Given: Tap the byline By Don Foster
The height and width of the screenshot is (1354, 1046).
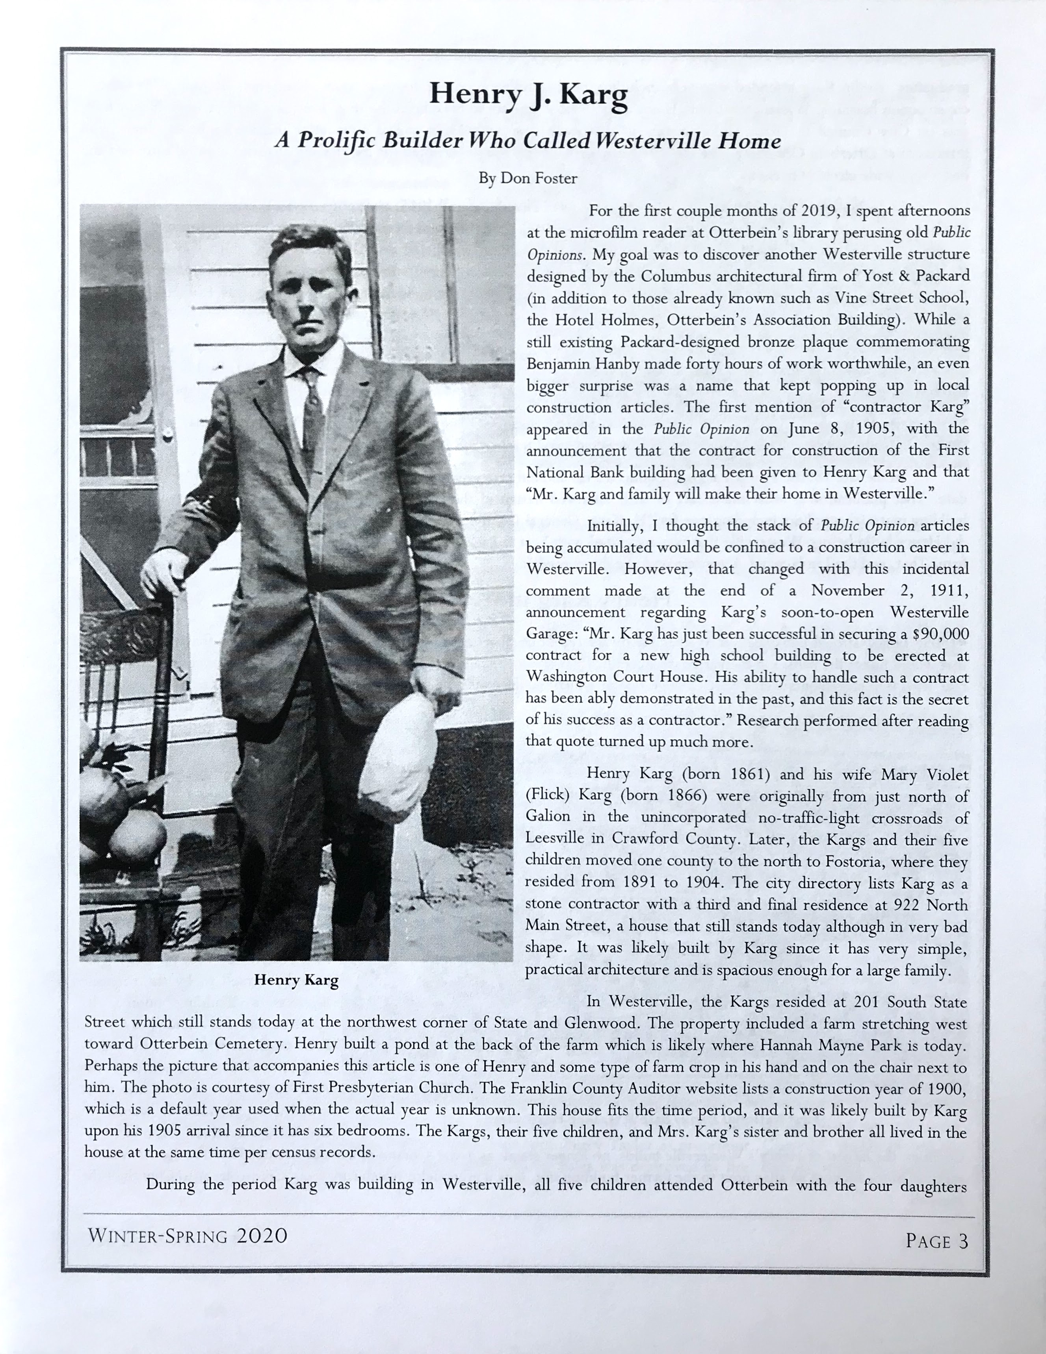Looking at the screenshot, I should coord(528,179).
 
